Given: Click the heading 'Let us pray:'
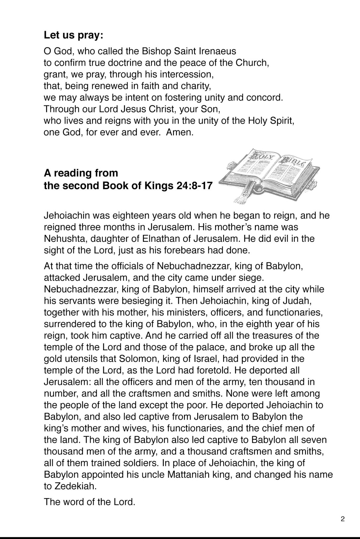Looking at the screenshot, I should point(73,35).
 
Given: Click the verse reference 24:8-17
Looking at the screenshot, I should point(193,185).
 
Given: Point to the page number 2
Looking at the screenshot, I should point(342,519).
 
